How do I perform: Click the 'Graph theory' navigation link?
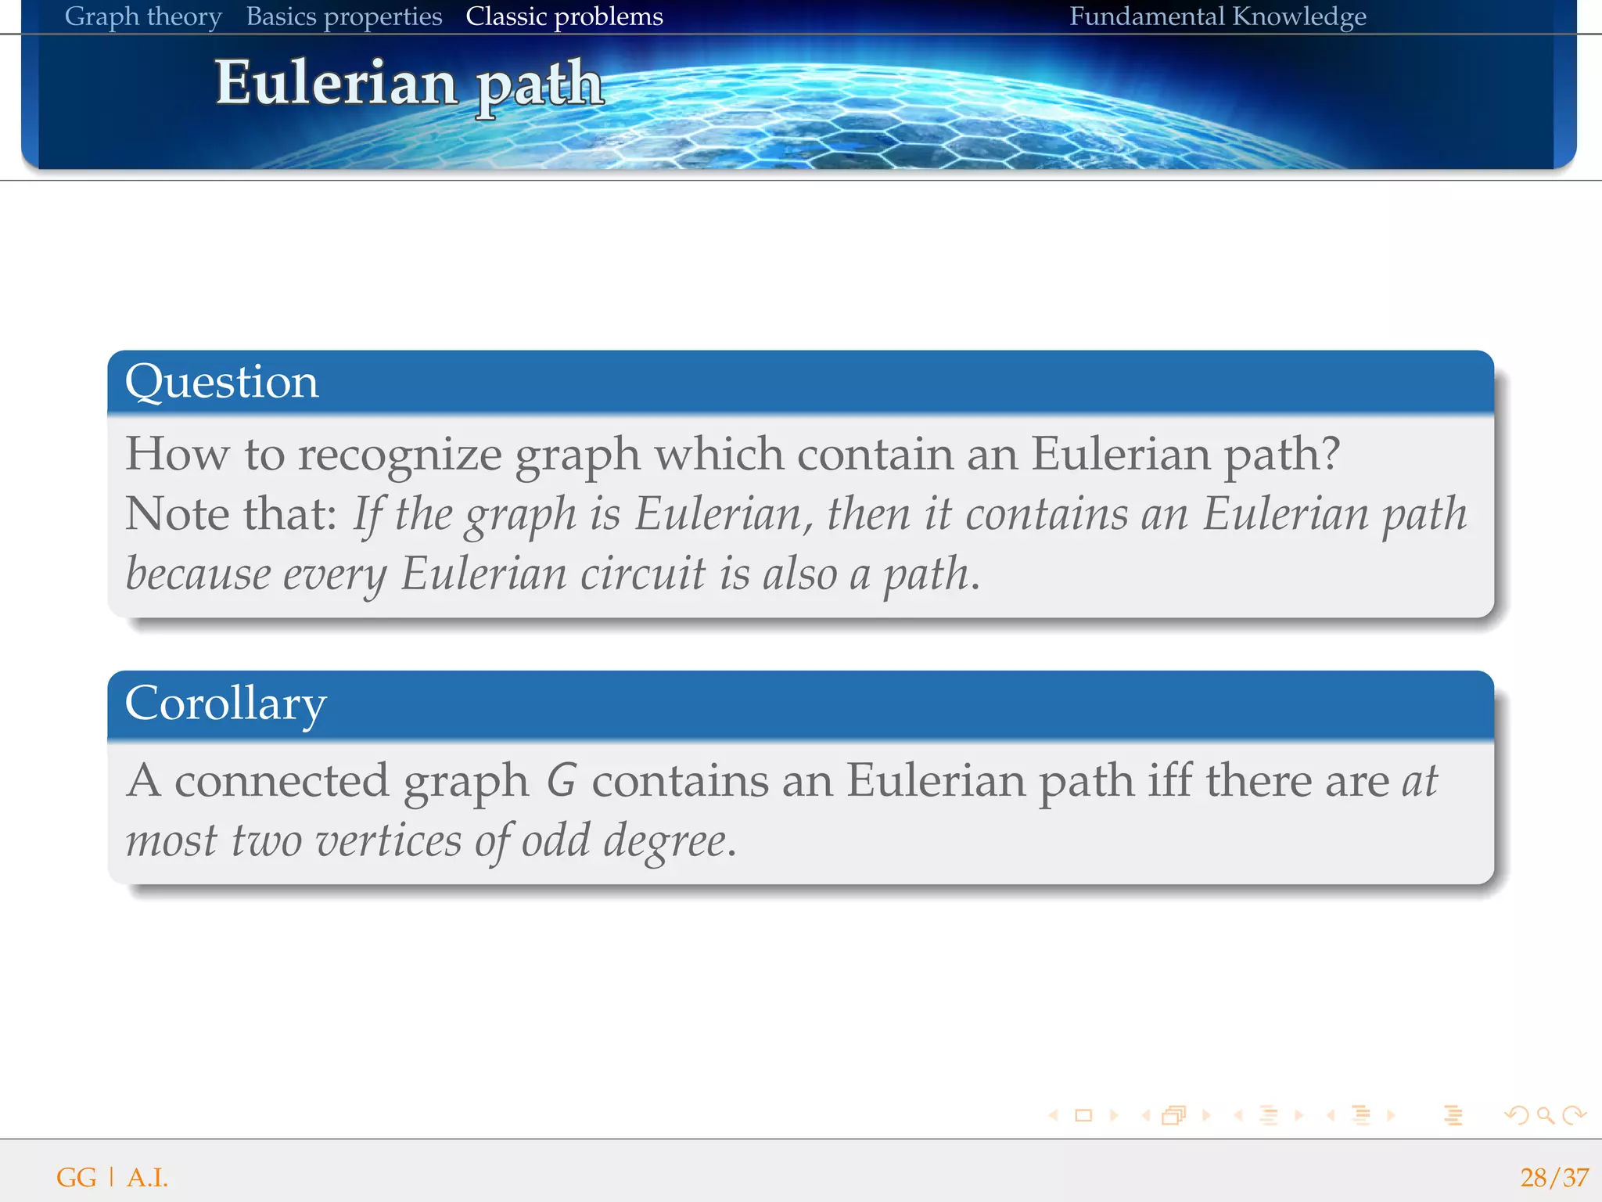pyautogui.click(x=143, y=16)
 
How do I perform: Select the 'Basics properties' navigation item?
pyautogui.click(x=344, y=16)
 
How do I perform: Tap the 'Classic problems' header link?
pyautogui.click(x=564, y=16)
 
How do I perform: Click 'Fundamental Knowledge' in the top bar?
pyautogui.click(x=1217, y=16)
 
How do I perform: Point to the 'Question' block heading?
pyautogui.click(x=222, y=382)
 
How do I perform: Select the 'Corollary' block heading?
pyautogui.click(x=225, y=703)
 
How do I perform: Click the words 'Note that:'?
pyautogui.click(x=231, y=514)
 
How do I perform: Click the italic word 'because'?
pyautogui.click(x=198, y=574)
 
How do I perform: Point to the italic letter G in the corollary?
pyautogui.click(x=561, y=781)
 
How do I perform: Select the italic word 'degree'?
pyautogui.click(x=665, y=841)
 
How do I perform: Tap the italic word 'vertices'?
pyautogui.click(x=389, y=841)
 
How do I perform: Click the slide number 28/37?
pyautogui.click(x=1554, y=1177)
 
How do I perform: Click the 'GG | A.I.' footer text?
pyautogui.click(x=112, y=1177)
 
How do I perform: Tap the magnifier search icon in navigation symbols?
pyautogui.click(x=1545, y=1115)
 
